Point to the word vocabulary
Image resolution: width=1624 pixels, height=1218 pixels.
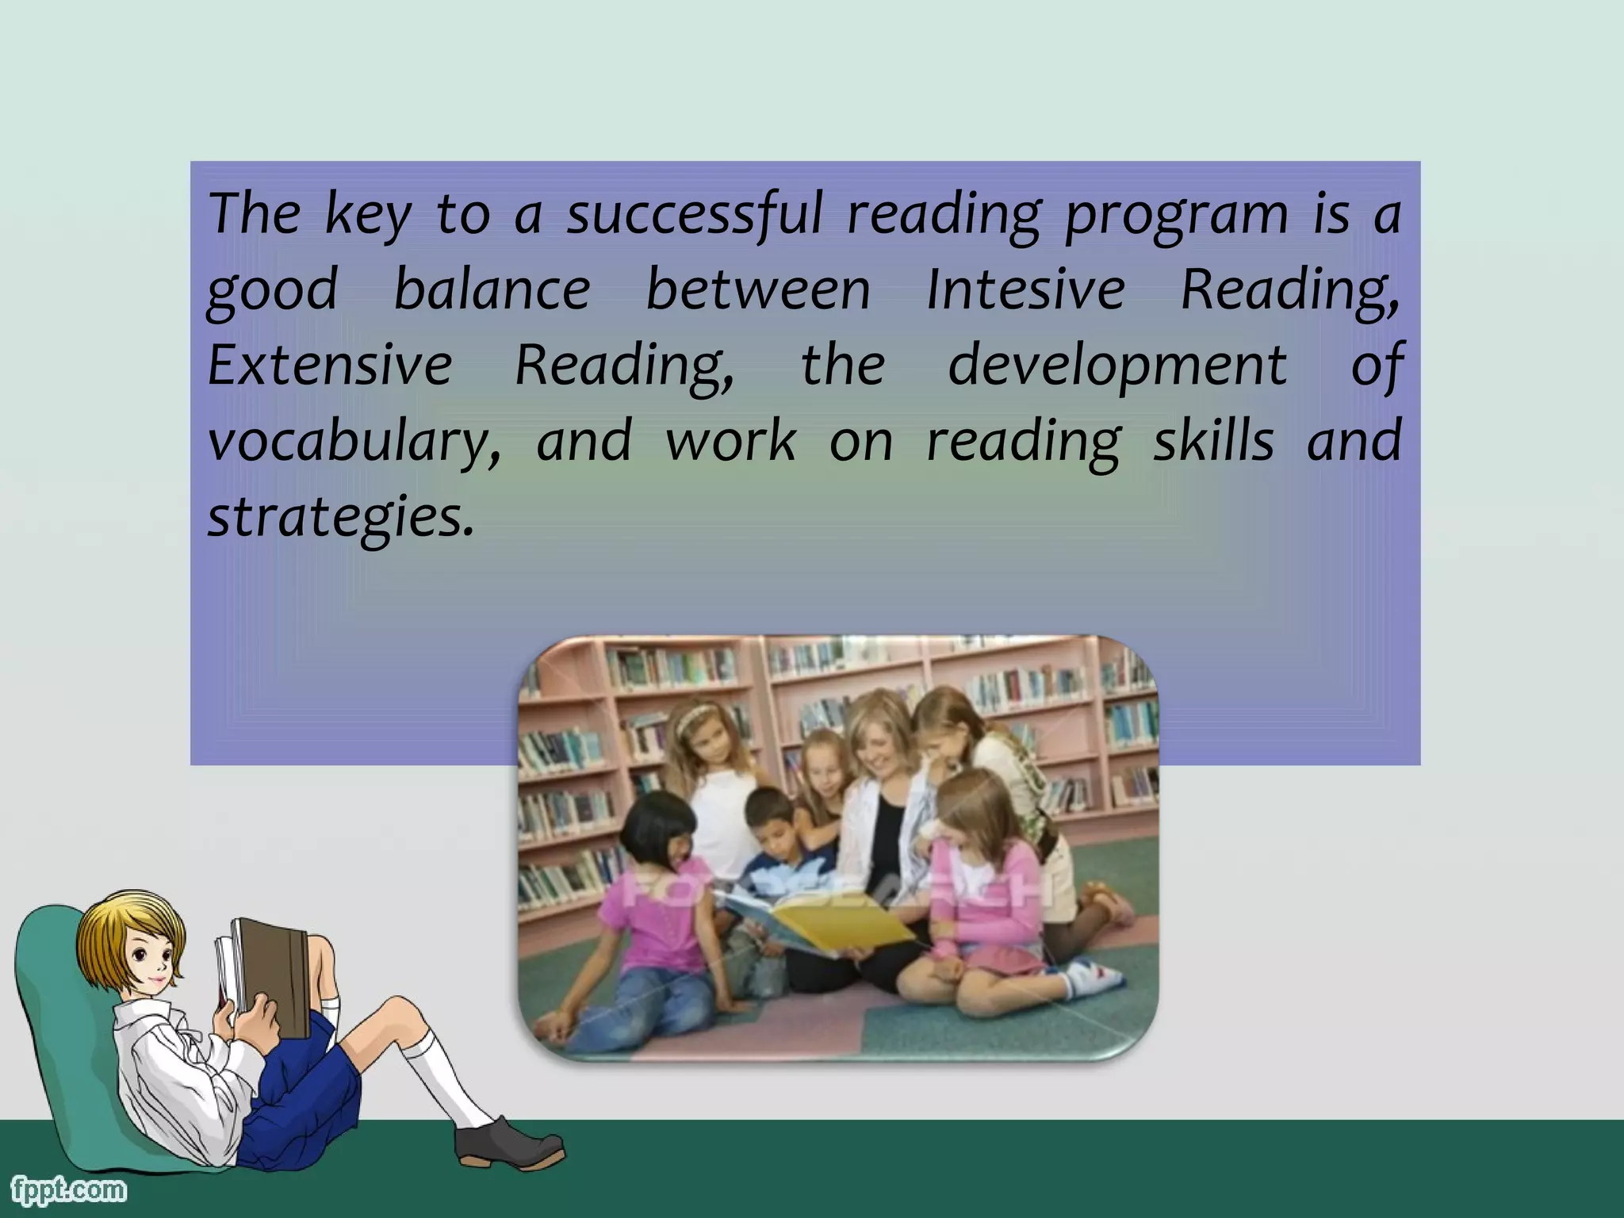(354, 442)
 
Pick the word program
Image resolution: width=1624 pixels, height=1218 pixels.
(1177, 216)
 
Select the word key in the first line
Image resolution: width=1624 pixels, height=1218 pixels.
(368, 216)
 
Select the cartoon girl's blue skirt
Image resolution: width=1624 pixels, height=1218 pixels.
(309, 1094)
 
